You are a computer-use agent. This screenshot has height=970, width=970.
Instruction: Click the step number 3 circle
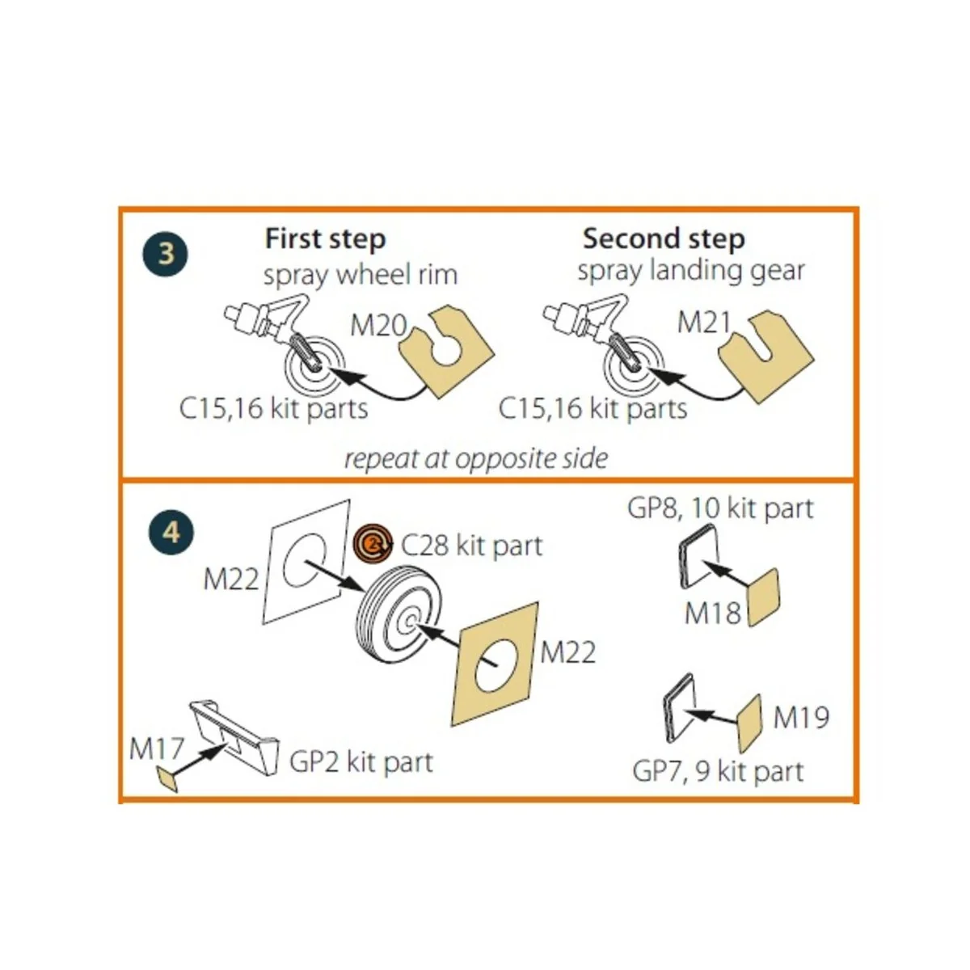point(167,254)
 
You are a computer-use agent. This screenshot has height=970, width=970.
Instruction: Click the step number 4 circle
point(171,533)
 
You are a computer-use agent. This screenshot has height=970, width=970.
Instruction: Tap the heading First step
point(325,238)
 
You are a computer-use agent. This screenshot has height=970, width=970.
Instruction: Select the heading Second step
point(663,238)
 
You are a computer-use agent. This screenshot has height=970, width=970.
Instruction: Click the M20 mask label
point(378,326)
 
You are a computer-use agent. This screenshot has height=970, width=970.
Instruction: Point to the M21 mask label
point(703,323)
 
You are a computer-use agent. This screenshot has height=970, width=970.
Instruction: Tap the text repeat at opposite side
point(475,458)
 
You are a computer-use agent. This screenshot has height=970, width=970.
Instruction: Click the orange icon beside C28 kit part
point(374,544)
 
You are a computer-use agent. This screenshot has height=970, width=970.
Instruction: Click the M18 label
point(712,614)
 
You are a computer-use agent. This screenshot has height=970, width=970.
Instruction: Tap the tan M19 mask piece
point(749,723)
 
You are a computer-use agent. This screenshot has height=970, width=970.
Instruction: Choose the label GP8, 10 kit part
point(719,508)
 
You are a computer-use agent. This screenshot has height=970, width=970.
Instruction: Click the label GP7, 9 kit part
point(718,771)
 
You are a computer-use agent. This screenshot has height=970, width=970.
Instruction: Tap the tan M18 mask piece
point(764,597)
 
